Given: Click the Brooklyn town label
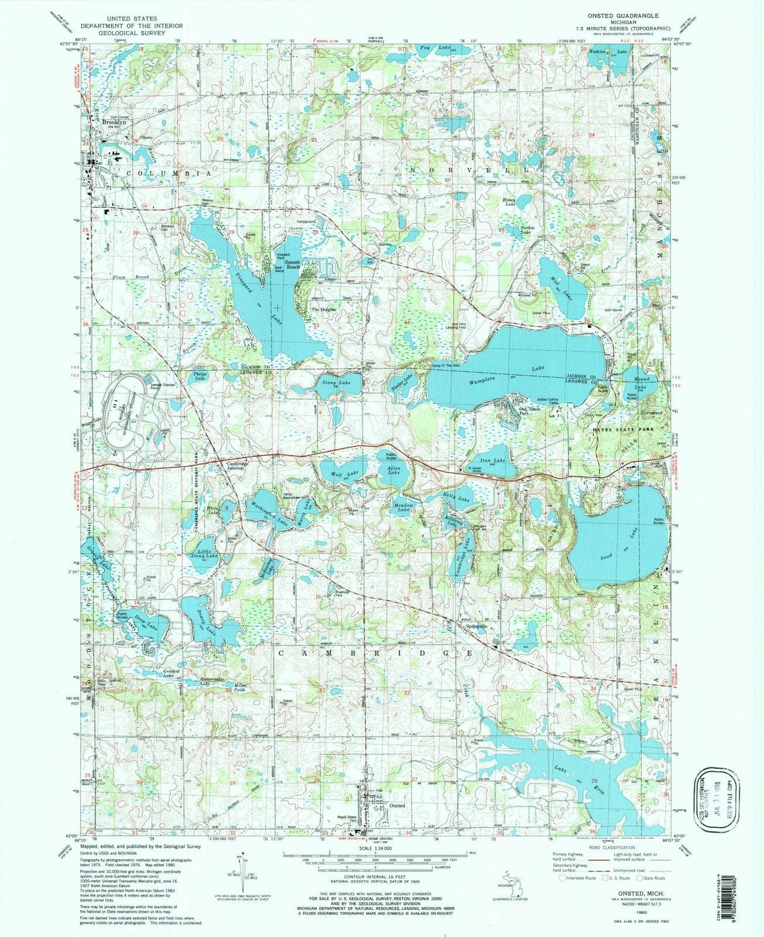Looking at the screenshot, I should (x=115, y=122).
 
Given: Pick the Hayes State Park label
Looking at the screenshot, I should (x=621, y=429).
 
